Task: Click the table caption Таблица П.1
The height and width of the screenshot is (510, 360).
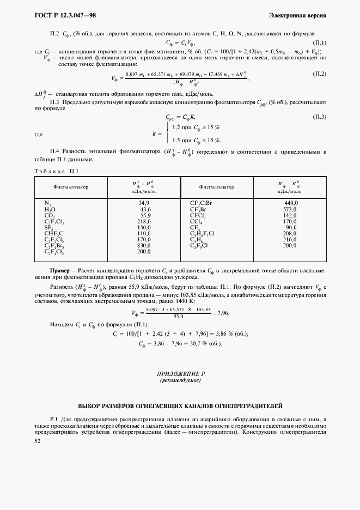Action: [58, 171]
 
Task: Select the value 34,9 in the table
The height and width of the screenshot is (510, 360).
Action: [144, 202]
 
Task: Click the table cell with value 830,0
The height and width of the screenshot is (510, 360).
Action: [144, 246]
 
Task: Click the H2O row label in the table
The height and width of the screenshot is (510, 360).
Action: [50, 209]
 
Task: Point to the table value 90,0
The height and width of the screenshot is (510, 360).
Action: [291, 228]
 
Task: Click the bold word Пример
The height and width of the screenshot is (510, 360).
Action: [60, 270]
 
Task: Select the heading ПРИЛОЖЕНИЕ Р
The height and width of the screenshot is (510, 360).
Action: [180, 375]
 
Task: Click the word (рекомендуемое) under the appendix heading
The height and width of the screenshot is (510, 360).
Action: [180, 381]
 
